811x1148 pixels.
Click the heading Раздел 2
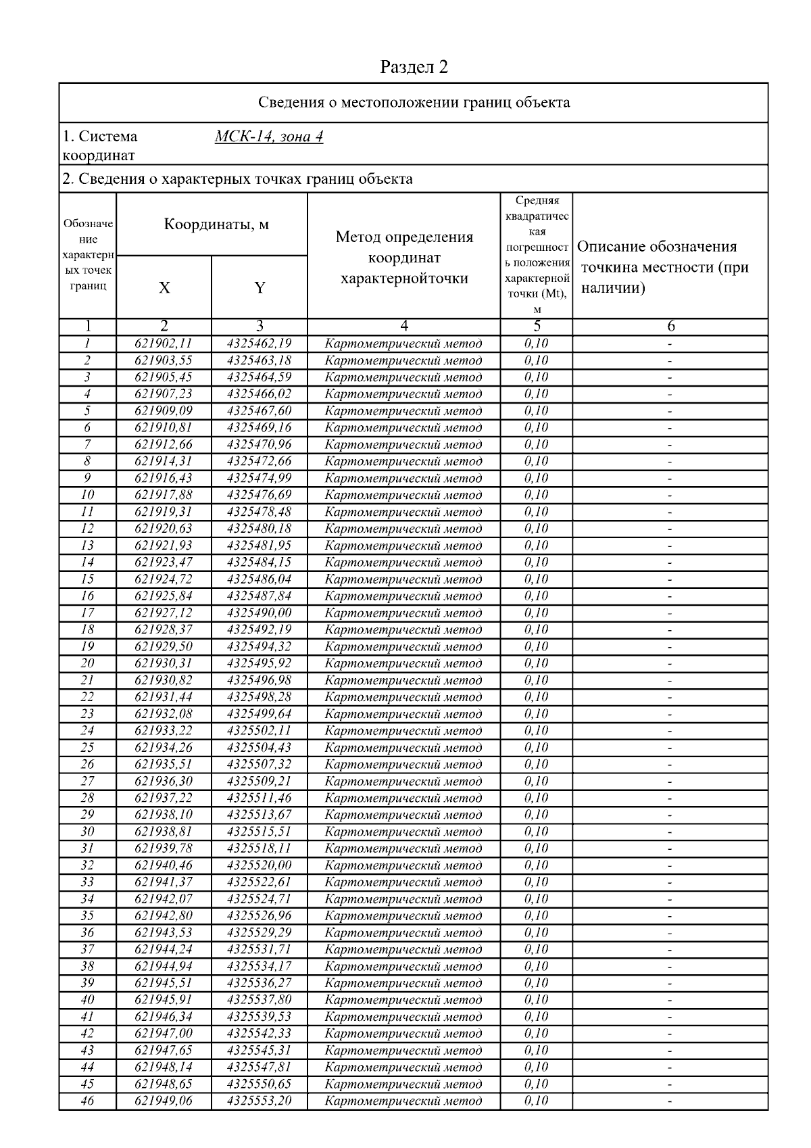(x=414, y=67)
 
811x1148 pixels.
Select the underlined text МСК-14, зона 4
(x=268, y=137)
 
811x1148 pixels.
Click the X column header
(x=164, y=287)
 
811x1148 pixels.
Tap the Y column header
(x=260, y=287)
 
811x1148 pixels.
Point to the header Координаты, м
(x=216, y=224)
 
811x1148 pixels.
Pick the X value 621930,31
(x=164, y=663)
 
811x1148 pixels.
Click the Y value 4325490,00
(x=260, y=613)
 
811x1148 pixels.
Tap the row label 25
(x=87, y=747)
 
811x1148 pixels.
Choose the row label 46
(x=87, y=1101)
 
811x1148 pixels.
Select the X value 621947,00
(x=164, y=1033)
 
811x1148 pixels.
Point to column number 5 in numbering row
(x=537, y=326)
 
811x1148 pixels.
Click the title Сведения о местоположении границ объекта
(x=414, y=103)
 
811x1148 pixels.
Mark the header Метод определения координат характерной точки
(x=404, y=258)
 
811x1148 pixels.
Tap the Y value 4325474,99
(x=260, y=478)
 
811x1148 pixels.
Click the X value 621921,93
(x=164, y=546)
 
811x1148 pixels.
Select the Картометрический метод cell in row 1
(x=403, y=343)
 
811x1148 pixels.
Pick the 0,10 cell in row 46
(x=537, y=1101)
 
